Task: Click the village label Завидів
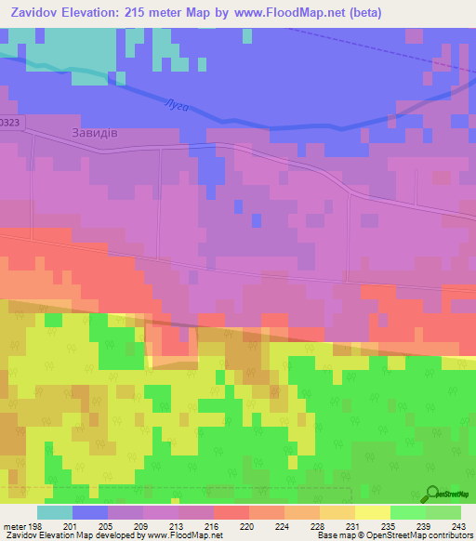coord(94,133)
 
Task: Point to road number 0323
coord(9,121)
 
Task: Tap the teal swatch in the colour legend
coord(55,512)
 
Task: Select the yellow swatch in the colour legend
coord(373,512)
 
